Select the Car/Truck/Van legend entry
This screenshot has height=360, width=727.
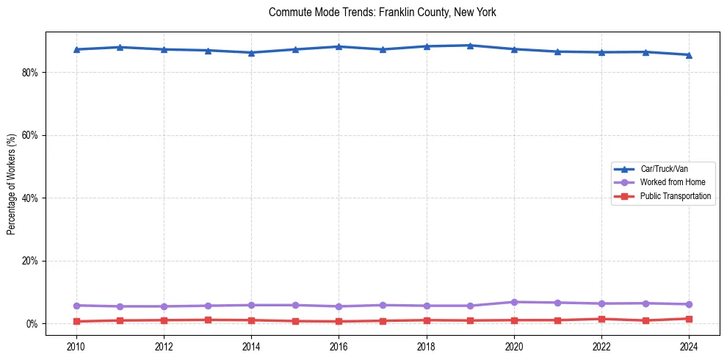coord(664,169)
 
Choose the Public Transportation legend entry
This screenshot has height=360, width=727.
coord(675,196)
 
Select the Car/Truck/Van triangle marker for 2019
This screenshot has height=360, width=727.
coord(470,46)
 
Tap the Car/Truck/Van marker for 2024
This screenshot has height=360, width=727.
coord(689,55)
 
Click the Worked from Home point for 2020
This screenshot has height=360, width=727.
coord(514,302)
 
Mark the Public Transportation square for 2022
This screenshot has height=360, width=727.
coord(601,319)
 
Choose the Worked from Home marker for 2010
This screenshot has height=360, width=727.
coord(76,306)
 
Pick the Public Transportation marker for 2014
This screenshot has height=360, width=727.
coord(251,320)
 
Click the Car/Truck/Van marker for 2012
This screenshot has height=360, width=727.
coord(164,49)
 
